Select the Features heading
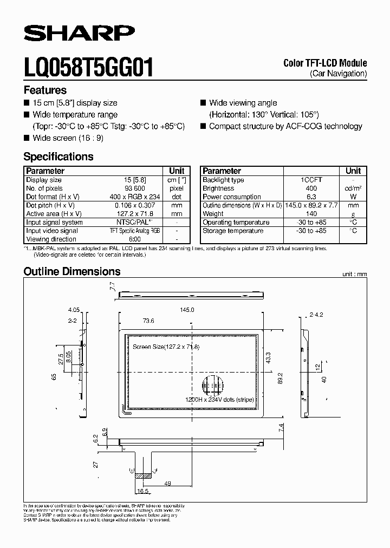(45, 90)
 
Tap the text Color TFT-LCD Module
(325, 63)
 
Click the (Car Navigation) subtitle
(338, 73)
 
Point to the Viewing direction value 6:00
(135, 239)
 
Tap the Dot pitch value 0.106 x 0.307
(135, 205)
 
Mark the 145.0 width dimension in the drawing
(187, 309)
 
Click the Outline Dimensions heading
(71, 272)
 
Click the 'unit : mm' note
(354, 275)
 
